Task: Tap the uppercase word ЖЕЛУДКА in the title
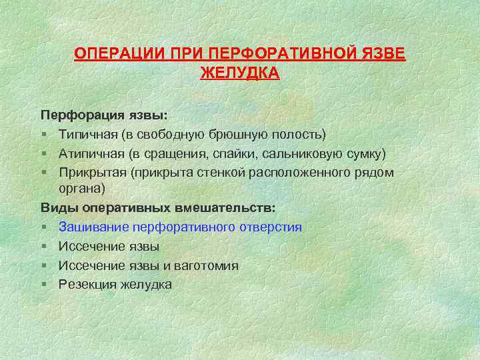tap(240, 72)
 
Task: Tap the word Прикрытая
tap(92, 173)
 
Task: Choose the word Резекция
tap(87, 285)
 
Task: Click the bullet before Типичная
tap(43, 135)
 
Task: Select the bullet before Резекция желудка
tap(43, 285)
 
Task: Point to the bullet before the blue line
tap(43, 227)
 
